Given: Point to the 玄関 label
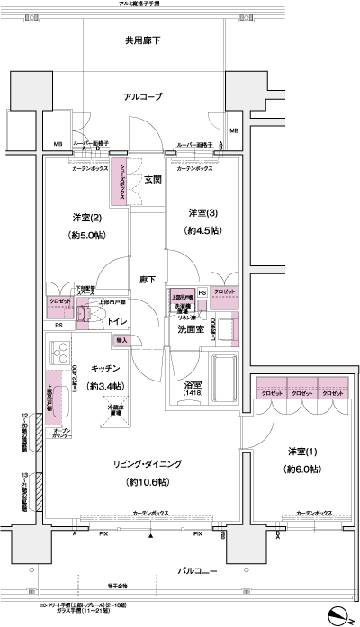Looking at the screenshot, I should pyautogui.click(x=151, y=179).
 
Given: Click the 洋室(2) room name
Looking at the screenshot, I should pyautogui.click(x=86, y=218).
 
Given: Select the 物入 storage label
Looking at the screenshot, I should pyautogui.click(x=121, y=341).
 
